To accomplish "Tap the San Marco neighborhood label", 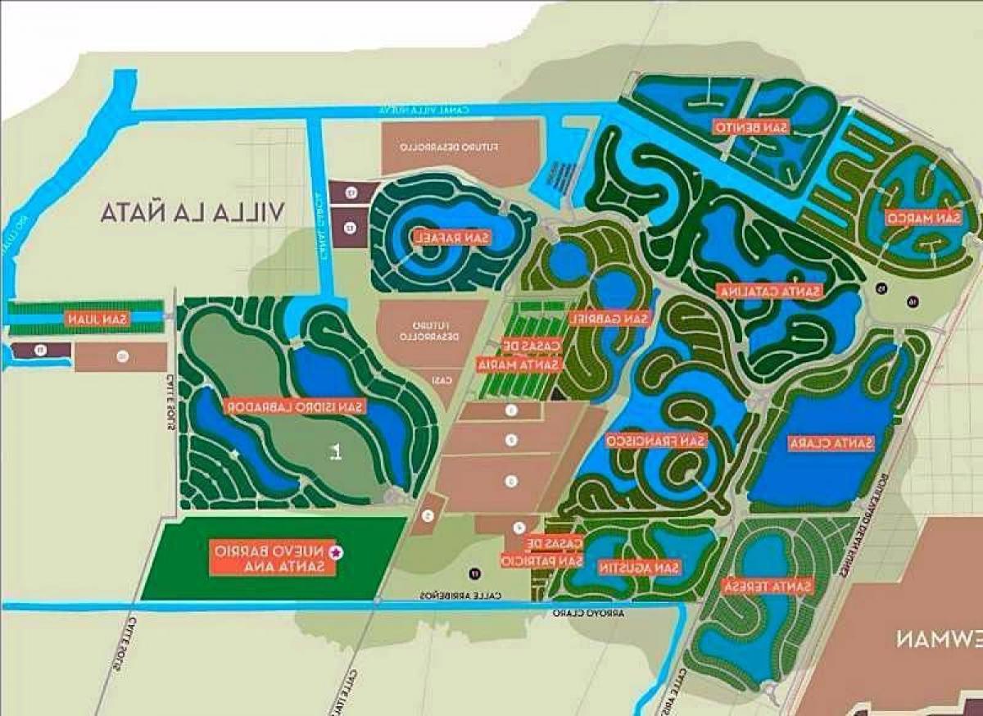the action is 922,218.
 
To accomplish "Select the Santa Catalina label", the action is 768,291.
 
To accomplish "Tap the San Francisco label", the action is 655,441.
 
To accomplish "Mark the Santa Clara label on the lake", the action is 831,443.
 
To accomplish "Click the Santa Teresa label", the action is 768,586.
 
